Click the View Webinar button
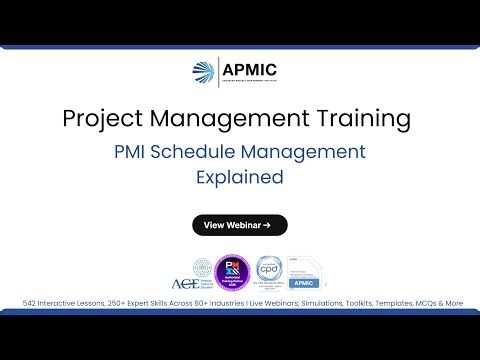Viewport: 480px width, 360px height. [240, 225]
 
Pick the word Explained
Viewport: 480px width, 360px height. [240, 178]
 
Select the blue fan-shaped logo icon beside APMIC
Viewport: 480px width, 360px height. [203, 73]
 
